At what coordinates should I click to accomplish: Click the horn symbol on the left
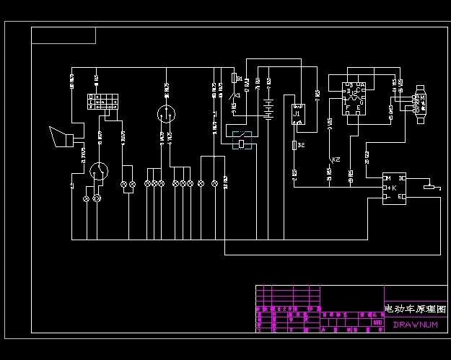pos(60,136)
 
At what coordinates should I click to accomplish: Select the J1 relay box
pos(298,114)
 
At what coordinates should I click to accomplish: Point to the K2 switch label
pos(336,159)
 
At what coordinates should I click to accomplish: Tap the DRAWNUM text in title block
pos(415,325)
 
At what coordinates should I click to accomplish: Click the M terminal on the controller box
pos(387,178)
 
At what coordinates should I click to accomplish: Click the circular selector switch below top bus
pos(167,113)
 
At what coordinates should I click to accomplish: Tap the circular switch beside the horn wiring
pos(99,171)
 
